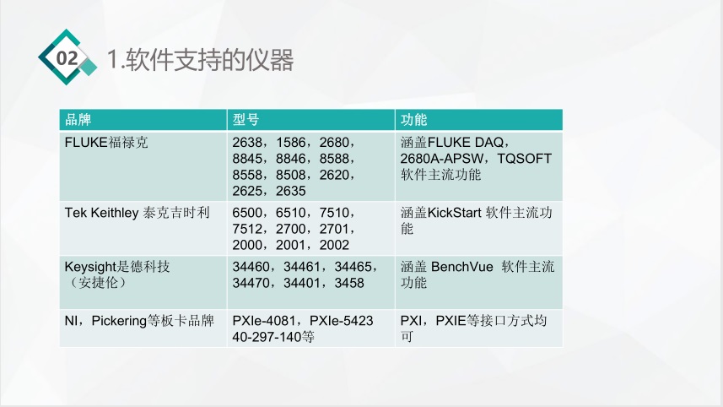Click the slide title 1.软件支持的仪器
pos(201,60)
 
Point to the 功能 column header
pos(414,120)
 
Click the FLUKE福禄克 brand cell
pos(106,143)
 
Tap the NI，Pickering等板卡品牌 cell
pos(139,321)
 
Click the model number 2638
pos(248,143)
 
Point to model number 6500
pos(248,212)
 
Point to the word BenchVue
pos(462,267)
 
